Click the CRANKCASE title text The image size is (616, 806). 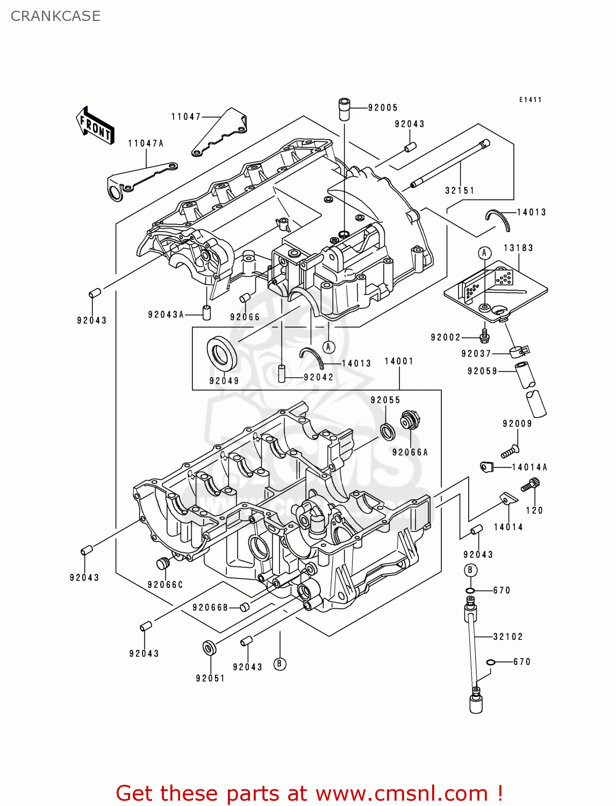(x=55, y=16)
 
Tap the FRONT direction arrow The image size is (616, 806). (x=95, y=126)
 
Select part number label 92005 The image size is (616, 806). (x=383, y=107)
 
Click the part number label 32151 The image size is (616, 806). (x=460, y=190)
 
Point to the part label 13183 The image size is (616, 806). (x=518, y=248)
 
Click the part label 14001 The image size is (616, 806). (x=399, y=361)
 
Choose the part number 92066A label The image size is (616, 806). (x=410, y=452)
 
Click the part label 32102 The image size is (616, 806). (x=508, y=637)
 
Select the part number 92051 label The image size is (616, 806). (x=210, y=678)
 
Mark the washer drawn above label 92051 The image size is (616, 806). (x=209, y=647)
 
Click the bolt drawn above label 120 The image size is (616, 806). (x=530, y=485)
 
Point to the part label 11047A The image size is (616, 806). (x=146, y=143)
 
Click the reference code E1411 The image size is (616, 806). (x=530, y=100)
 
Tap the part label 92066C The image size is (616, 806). (x=165, y=585)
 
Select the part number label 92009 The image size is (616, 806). (x=517, y=423)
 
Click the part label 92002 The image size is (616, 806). (x=446, y=337)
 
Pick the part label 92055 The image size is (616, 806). (x=385, y=400)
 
